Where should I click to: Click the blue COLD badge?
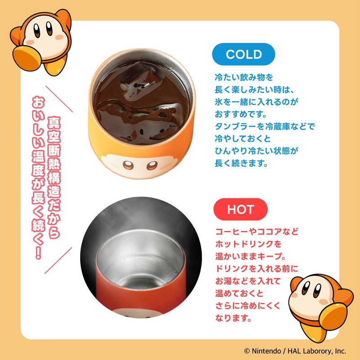coord(243,54)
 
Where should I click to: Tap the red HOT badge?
coord(240,209)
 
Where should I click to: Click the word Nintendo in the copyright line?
coord(266,351)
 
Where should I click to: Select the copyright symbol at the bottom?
coord(247,351)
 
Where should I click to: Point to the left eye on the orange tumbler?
coord(128,165)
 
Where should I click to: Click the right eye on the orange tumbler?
coord(152,165)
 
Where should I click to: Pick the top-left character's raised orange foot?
coord(27,58)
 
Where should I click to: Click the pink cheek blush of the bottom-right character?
coord(324,301)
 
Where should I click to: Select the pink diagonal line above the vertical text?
coord(59,99)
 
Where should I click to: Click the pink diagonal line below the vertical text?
coord(58,261)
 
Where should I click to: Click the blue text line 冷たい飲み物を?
coord(244,77)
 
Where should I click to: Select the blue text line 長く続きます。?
coord(241,163)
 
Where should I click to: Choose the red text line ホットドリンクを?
coord(248,244)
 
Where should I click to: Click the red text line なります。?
coord(233,318)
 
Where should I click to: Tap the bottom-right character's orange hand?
coord(333,316)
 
